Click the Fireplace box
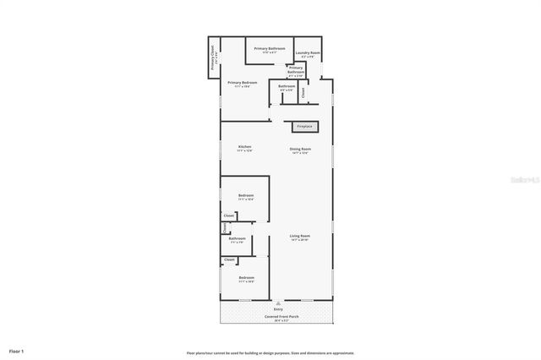point(304,127)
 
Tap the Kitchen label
point(245,147)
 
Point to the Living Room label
point(300,237)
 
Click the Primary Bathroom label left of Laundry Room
point(270,50)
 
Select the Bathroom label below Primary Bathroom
point(287,87)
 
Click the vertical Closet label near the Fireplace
point(303,94)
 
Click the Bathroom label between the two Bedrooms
point(238,239)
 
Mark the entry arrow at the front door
point(278,302)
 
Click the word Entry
point(278,309)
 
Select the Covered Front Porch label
point(278,317)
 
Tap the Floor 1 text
point(17,351)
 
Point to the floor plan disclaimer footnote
point(270,352)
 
